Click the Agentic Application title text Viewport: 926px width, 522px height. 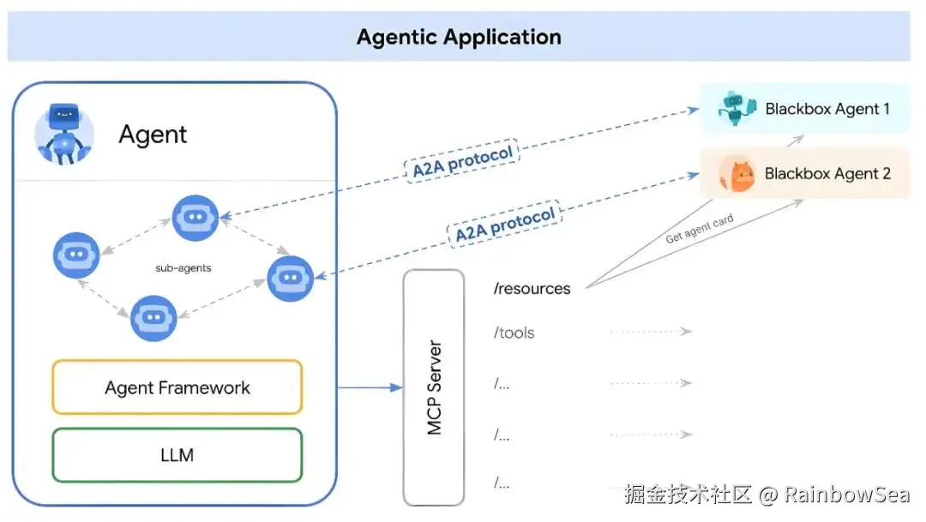[x=459, y=38]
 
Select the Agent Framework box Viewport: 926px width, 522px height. [x=177, y=387]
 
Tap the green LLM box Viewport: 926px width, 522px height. [x=177, y=454]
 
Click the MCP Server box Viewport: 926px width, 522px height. [x=434, y=387]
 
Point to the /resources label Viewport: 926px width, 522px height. [x=532, y=289]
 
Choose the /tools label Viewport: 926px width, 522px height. [x=514, y=333]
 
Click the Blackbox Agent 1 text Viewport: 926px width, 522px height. [x=827, y=109]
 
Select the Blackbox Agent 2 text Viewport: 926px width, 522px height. [x=827, y=173]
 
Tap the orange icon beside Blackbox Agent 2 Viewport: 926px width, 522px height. [x=737, y=174]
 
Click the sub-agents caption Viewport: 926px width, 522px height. [x=183, y=268]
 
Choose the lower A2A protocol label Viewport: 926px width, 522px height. [x=505, y=224]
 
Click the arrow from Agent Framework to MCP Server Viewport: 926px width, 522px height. [x=370, y=387]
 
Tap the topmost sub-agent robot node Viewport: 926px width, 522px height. [x=195, y=218]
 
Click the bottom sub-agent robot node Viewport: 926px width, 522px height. [x=153, y=318]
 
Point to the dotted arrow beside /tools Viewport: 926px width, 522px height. [x=650, y=332]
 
